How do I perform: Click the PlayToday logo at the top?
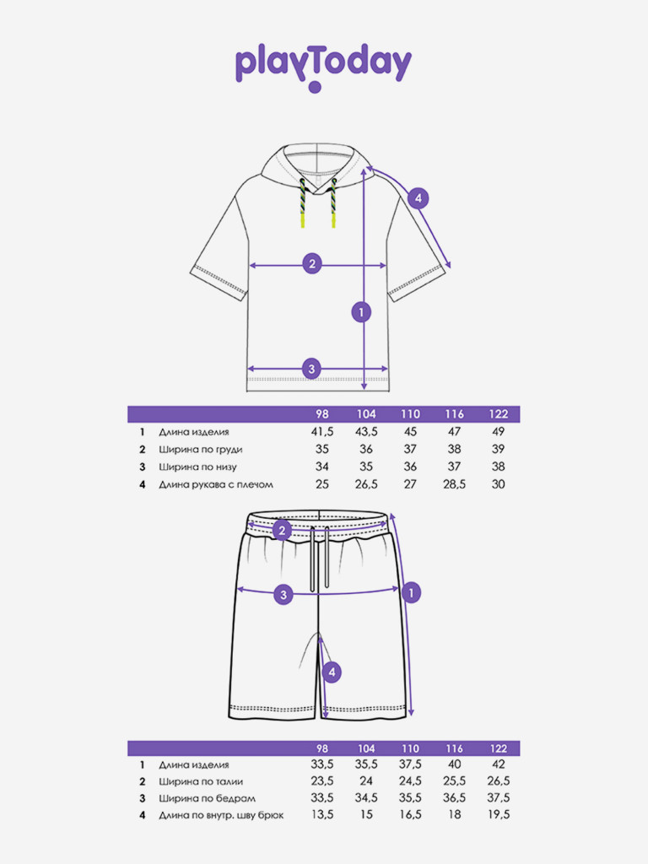coord(323,65)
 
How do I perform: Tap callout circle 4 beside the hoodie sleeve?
coord(418,199)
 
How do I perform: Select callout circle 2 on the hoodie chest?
coord(312,264)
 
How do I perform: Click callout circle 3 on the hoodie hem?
coord(312,369)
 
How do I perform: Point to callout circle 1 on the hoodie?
coord(360,312)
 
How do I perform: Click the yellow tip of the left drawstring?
coord(303,220)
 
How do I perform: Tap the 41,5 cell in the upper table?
coord(322,431)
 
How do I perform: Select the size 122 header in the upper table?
coord(499,414)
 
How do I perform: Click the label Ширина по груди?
coord(201,449)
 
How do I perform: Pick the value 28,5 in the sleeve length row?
coord(455,484)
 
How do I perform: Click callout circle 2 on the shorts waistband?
coord(283,531)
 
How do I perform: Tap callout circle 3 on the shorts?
coord(284,594)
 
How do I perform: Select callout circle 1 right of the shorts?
coord(410,593)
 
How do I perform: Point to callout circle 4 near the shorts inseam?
coord(333,672)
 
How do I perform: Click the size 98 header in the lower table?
coord(322,748)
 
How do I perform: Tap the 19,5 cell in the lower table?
coord(499,814)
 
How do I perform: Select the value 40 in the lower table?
coord(455,764)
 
